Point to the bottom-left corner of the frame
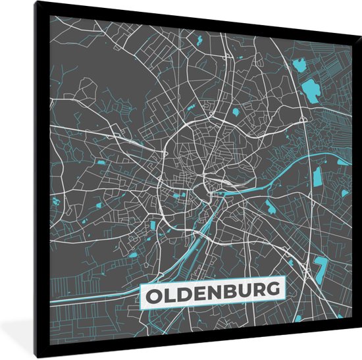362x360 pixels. click(38, 358)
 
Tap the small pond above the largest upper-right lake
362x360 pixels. click(299, 64)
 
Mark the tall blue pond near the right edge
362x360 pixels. click(318, 176)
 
